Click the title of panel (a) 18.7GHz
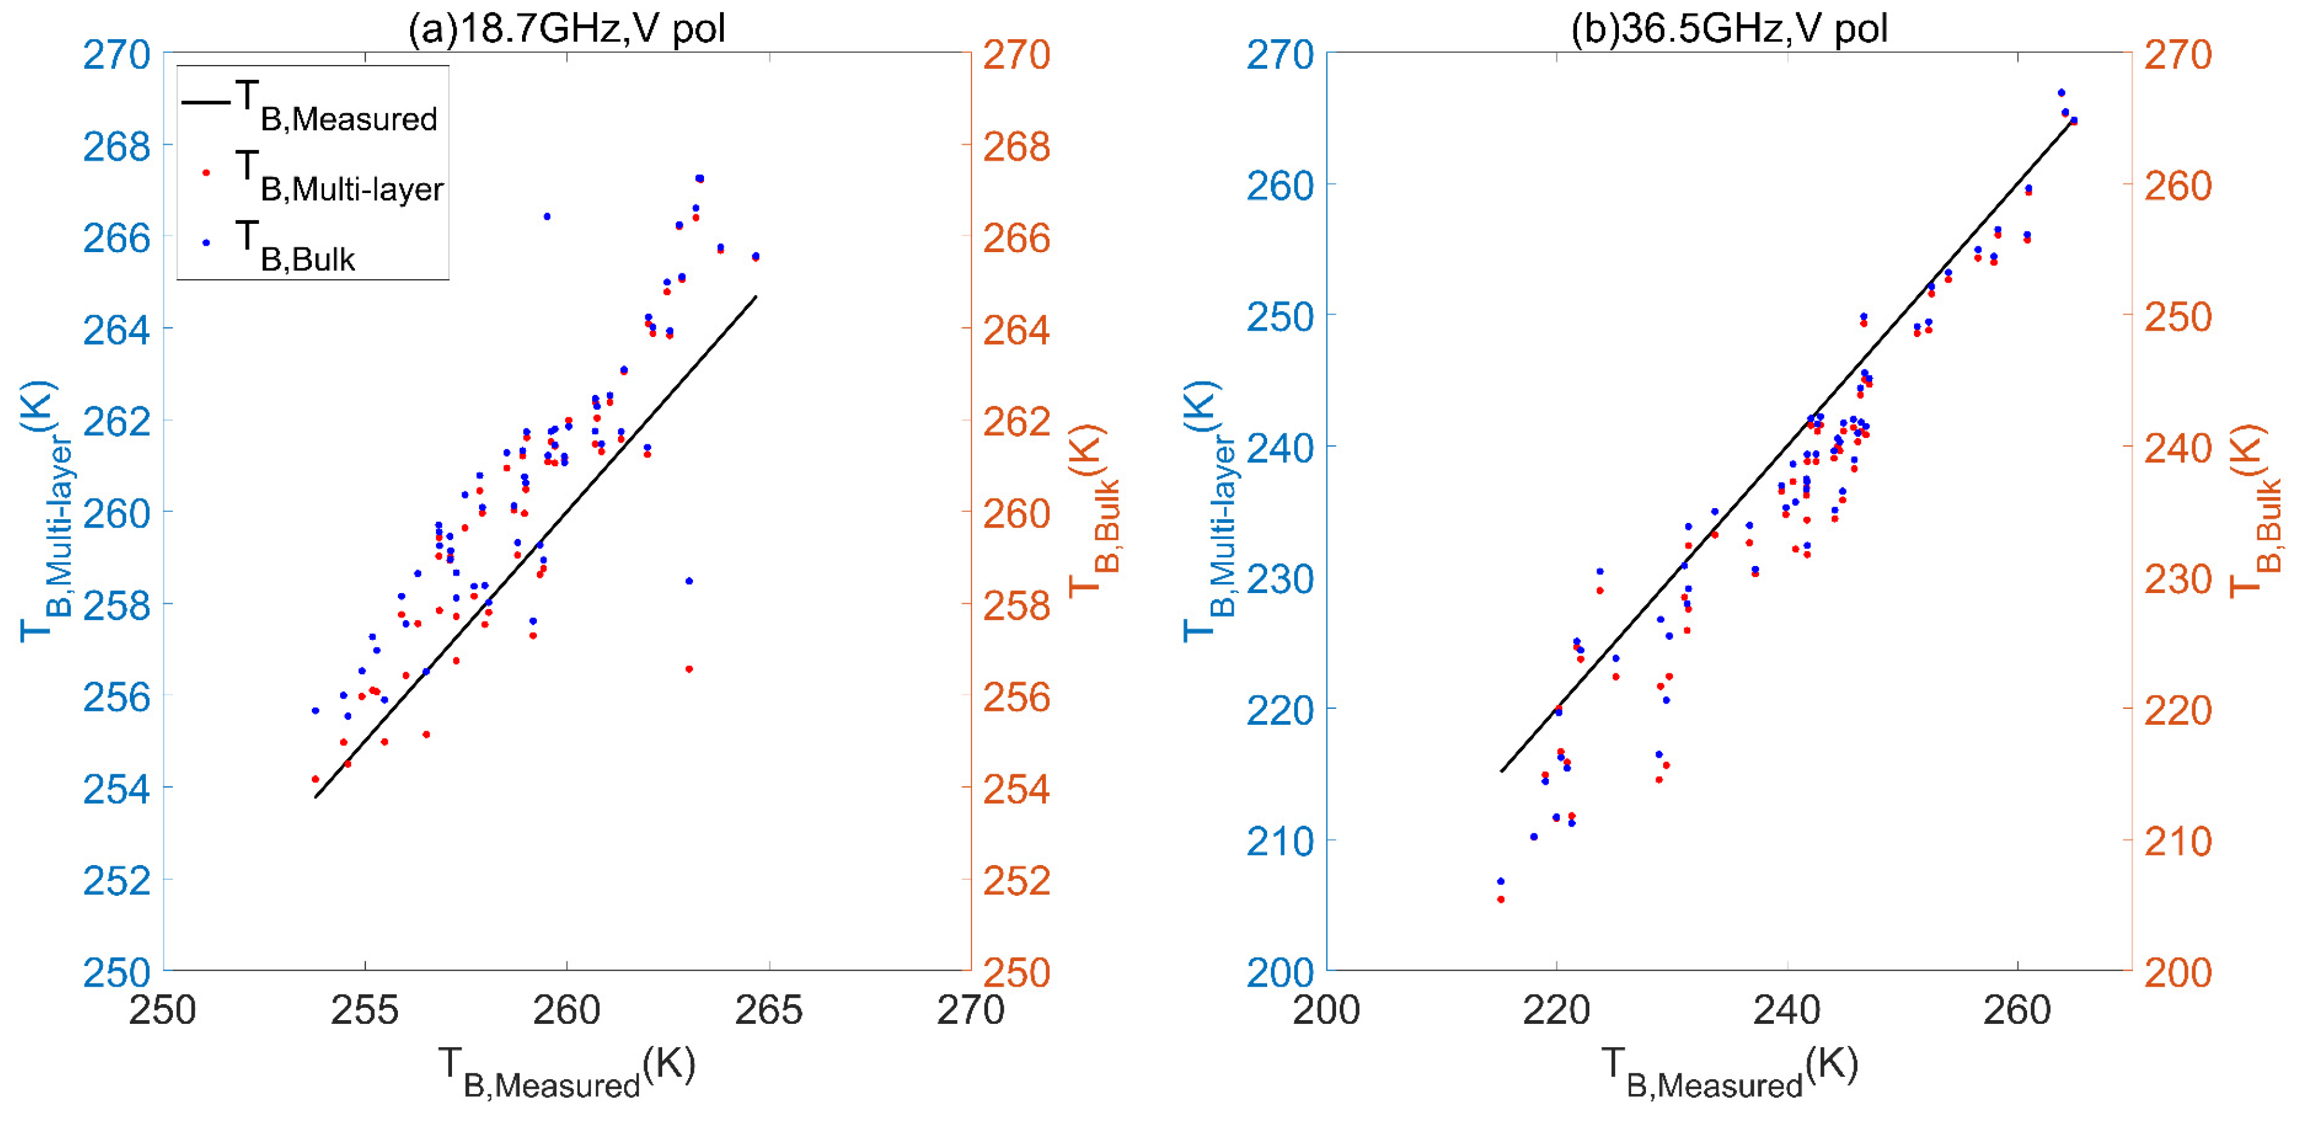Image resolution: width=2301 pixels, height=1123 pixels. point(566,28)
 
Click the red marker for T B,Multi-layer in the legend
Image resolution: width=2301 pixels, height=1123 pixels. point(206,172)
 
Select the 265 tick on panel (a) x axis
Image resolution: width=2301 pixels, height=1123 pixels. point(768,1010)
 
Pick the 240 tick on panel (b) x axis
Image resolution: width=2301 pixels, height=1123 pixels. point(1787,1010)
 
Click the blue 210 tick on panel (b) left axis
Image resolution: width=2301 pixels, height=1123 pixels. point(1280,841)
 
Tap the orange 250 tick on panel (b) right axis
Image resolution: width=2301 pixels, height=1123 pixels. point(2178,316)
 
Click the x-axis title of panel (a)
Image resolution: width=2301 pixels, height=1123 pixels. point(566,1072)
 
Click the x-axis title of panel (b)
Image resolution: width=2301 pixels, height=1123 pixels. point(1729,1072)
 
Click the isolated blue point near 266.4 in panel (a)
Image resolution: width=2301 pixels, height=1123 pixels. point(546,216)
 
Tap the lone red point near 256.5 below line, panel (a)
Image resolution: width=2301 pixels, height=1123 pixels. point(689,669)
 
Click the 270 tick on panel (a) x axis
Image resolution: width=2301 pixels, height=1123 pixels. point(970,1010)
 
